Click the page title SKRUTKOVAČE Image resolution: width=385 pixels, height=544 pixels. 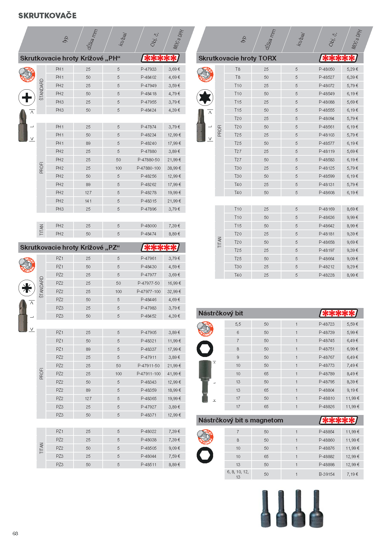tap(47, 16)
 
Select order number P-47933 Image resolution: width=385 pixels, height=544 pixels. tap(149, 69)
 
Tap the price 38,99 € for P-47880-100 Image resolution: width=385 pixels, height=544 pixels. tap(174, 168)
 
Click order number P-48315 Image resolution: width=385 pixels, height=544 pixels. tap(149, 201)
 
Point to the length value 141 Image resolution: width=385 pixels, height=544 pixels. tap(88, 201)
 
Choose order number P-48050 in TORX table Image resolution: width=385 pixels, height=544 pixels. tap(327, 69)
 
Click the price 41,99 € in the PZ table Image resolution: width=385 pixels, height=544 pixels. tap(174, 374)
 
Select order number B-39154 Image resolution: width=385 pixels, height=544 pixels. tap(327, 474)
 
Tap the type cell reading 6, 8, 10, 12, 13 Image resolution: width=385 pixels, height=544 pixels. tap(238, 474)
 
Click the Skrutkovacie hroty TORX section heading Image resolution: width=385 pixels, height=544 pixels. tap(237, 58)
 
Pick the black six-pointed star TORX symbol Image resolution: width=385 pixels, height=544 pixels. tap(205, 98)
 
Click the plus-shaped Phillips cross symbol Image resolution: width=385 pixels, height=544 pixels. tap(27, 98)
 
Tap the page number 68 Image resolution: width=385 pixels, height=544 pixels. tap(15, 533)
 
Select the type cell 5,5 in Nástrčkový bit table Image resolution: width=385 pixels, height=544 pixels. tap(238, 324)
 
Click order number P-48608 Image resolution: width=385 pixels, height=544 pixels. tap(327, 193)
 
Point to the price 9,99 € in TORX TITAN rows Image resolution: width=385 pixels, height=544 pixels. tap(352, 217)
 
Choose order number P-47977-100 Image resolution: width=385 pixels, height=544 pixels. tap(149, 292)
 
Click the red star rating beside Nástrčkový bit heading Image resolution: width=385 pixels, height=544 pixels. tap(338, 313)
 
